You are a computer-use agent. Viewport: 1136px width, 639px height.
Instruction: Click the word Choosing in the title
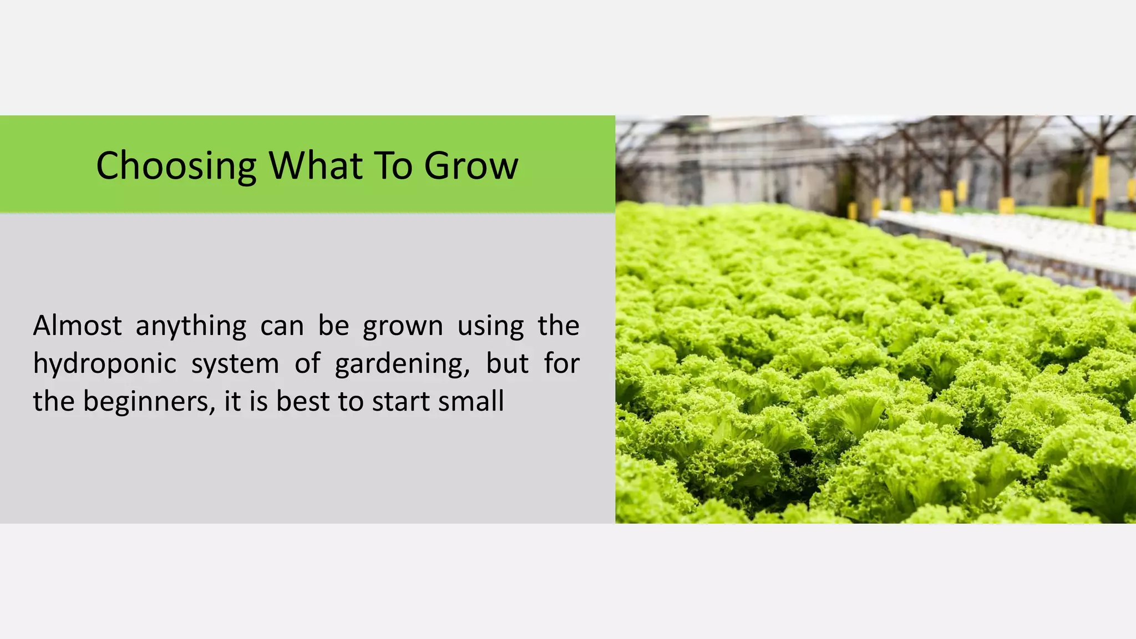176,166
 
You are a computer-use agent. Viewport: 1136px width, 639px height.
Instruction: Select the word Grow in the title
471,166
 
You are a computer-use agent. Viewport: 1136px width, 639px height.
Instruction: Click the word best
303,401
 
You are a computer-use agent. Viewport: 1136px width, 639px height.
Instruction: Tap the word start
399,401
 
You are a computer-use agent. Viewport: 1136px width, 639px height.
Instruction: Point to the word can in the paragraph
282,326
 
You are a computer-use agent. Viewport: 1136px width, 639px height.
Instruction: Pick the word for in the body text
561,363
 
